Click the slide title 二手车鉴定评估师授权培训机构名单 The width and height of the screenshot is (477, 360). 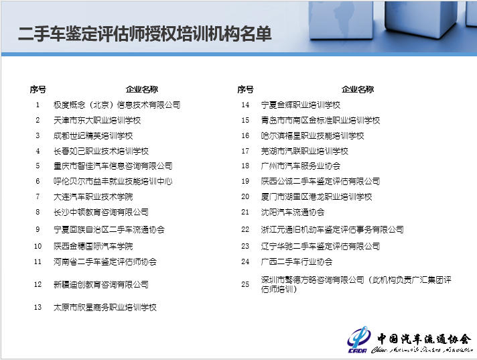coord(145,34)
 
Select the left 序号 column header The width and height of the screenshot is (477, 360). coord(38,89)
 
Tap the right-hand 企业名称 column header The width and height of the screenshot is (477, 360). coord(358,89)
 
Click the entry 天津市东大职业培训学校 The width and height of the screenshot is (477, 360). coord(97,121)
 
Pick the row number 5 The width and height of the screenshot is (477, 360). coord(38,166)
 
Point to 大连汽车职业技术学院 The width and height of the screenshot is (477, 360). coord(93,197)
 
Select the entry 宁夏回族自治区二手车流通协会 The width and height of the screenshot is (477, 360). coord(109,229)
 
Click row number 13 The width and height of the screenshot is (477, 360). coord(38,307)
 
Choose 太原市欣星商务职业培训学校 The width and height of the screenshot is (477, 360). coord(105,307)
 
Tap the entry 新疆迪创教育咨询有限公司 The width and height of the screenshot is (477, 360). coord(101,284)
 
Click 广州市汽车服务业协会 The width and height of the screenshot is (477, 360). coord(301,166)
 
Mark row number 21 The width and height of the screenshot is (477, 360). coord(245,212)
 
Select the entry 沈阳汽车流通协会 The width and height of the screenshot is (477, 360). coord(293,212)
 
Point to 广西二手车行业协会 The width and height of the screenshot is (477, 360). coord(297,261)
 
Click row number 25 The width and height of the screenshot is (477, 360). coord(245,284)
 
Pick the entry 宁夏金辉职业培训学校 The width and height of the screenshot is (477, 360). coord(301,105)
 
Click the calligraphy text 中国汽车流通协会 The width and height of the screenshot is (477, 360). coord(424,339)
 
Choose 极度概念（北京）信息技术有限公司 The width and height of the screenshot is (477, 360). coord(117,105)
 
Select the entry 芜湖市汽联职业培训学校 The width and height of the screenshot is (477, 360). coord(305,152)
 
